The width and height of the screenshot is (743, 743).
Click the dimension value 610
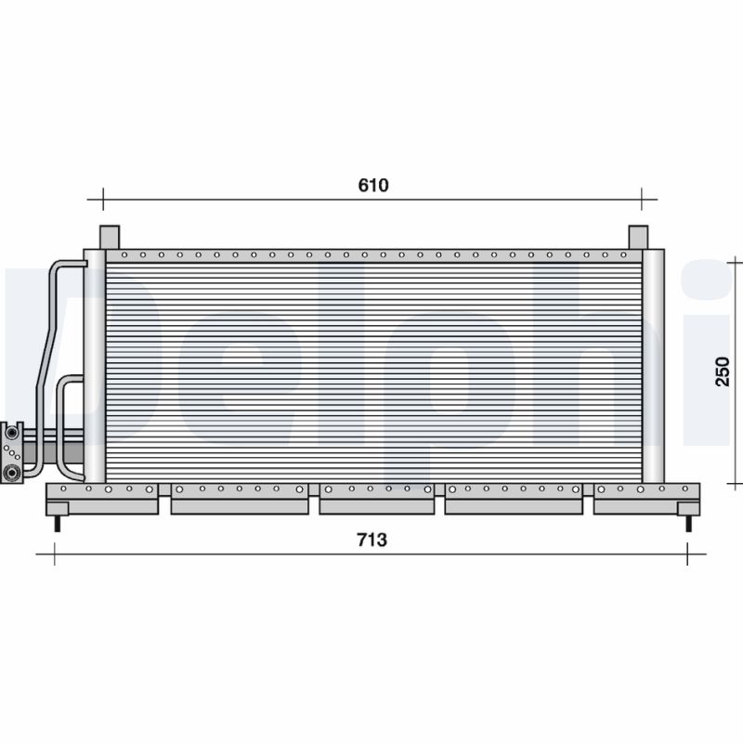[372, 185]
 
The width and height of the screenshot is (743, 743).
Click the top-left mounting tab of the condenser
[110, 237]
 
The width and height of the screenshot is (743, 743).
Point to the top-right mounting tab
[637, 237]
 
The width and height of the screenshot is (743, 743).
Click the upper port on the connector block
[11, 433]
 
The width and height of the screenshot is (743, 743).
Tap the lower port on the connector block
[11, 473]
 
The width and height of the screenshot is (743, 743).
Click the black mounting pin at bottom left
[58, 524]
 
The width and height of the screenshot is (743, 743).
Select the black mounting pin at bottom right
[688, 524]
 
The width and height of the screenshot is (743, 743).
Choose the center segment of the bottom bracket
[376, 499]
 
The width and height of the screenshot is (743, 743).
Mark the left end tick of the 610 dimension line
[102, 198]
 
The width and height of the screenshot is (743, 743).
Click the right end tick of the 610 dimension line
[642, 198]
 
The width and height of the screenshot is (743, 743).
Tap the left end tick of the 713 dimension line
[55, 554]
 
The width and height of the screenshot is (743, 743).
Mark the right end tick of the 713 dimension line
[687, 554]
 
